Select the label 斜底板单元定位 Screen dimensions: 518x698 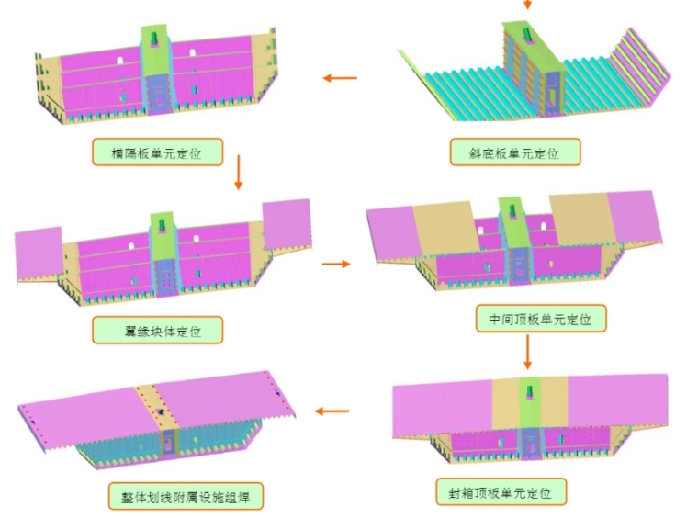516,152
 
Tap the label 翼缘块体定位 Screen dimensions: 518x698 159,329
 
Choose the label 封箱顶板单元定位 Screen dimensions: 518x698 500,491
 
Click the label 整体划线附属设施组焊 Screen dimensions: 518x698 186,497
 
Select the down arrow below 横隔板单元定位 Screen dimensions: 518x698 238,173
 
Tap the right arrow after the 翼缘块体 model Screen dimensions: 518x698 336,265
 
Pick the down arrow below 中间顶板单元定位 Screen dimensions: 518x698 528,351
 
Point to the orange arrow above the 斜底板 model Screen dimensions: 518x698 527,6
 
